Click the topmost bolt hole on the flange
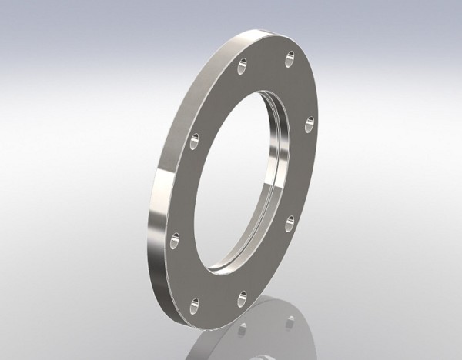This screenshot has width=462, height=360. [x=290, y=55]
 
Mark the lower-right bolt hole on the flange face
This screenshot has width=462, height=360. [x=290, y=222]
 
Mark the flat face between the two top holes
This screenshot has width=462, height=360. [x=267, y=58]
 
